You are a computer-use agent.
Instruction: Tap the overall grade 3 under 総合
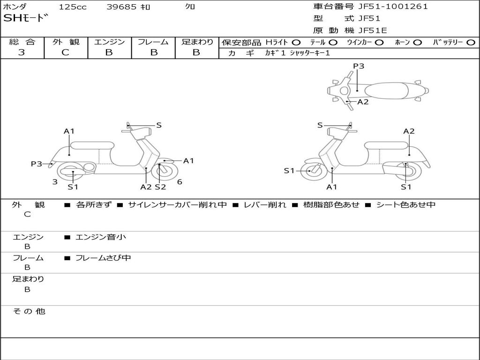(x=22, y=52)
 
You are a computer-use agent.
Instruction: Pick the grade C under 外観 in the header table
(x=66, y=52)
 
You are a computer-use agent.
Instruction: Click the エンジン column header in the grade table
(x=109, y=42)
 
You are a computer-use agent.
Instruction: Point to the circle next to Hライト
(x=296, y=42)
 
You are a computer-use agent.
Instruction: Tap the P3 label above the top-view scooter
(x=359, y=66)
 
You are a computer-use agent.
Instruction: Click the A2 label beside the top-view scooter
(x=363, y=102)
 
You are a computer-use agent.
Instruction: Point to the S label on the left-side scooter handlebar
(x=159, y=125)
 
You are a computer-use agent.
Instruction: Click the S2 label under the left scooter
(x=160, y=187)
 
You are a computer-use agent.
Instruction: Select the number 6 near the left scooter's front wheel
(x=180, y=182)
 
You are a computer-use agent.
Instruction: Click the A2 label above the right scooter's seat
(x=409, y=131)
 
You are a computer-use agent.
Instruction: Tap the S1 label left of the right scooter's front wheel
(x=289, y=171)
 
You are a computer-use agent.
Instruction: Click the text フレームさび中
(x=103, y=258)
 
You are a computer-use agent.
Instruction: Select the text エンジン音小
(x=101, y=237)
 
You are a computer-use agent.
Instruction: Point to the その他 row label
(x=29, y=311)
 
